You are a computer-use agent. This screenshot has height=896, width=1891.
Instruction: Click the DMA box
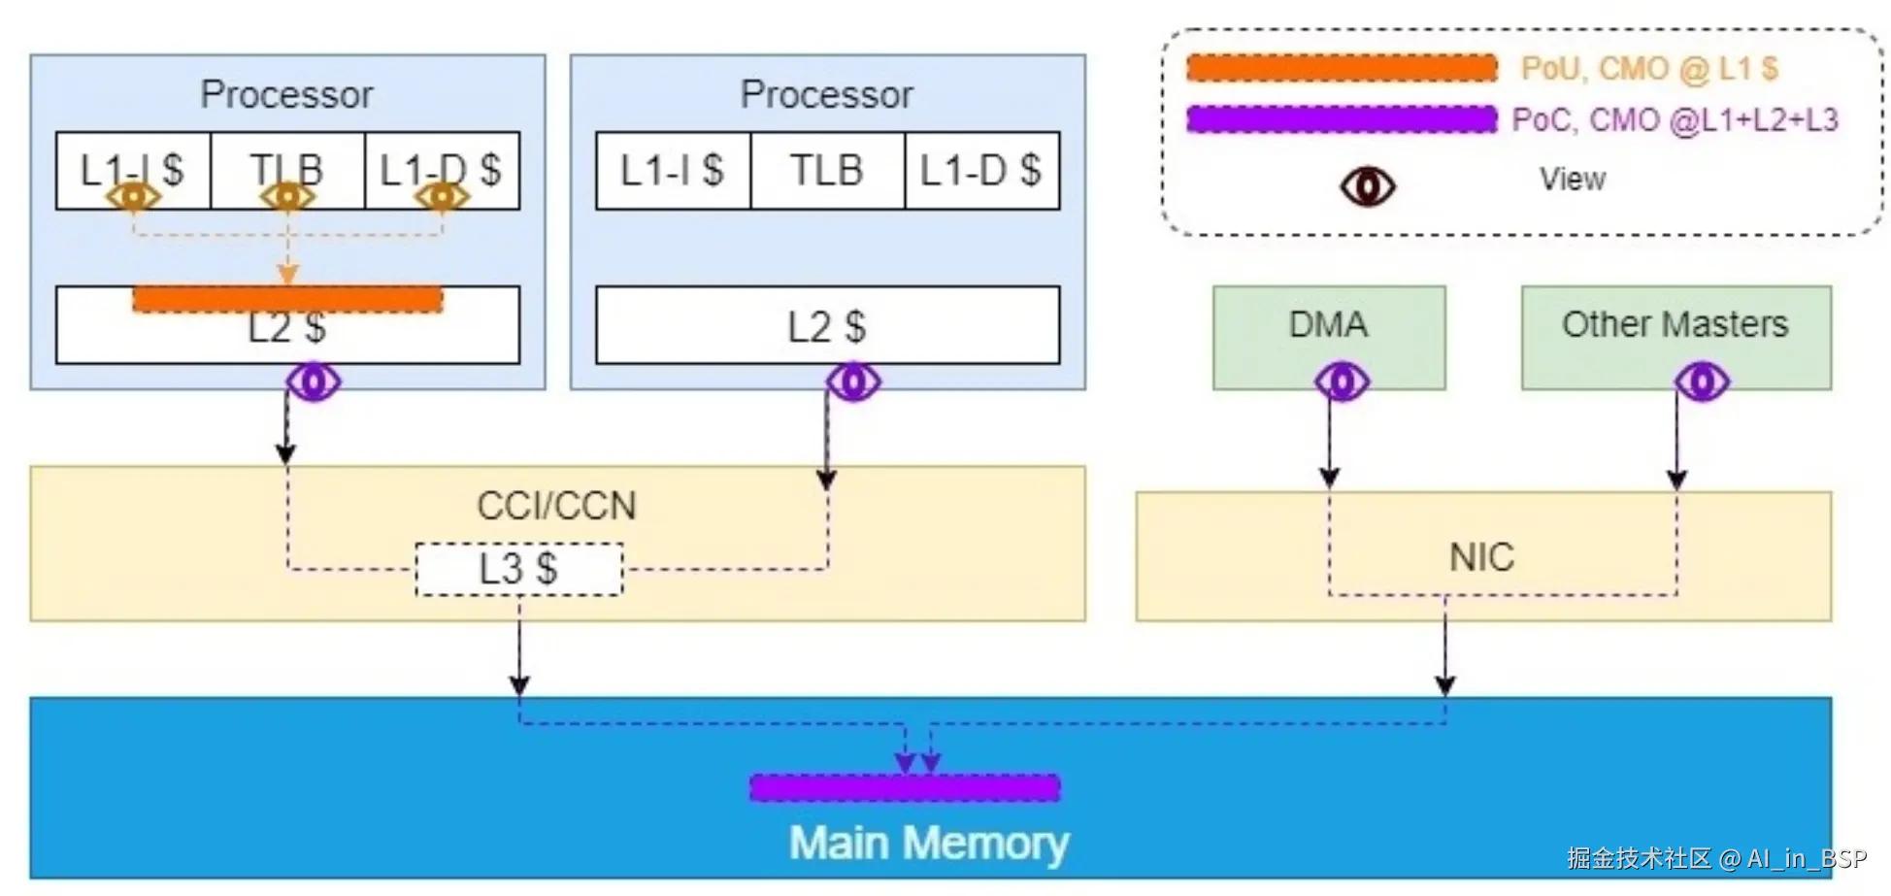[1328, 325]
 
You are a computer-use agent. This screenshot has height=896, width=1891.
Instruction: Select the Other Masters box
[1675, 325]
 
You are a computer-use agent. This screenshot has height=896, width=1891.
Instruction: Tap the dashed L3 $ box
[518, 569]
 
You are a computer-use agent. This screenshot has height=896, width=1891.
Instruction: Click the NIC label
[1481, 557]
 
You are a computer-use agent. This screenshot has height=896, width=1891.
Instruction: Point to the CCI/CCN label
[556, 506]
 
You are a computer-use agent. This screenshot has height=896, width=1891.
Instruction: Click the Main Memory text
[929, 843]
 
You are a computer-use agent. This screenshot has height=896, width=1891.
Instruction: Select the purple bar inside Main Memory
[905, 787]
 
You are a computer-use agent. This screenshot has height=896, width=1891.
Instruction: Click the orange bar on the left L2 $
[287, 299]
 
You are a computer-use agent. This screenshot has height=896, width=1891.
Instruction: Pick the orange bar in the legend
[1342, 68]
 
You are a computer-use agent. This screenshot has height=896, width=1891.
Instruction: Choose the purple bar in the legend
[1342, 119]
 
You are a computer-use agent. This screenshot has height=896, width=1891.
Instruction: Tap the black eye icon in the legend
[1368, 185]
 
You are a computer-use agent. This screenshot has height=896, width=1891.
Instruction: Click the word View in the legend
[1572, 180]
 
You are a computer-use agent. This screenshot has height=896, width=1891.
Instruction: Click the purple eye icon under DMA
[1342, 382]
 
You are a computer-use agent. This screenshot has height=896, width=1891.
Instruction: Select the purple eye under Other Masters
[1702, 382]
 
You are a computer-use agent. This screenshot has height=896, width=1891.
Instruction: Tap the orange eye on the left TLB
[287, 197]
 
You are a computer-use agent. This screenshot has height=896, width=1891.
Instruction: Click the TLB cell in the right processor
[827, 171]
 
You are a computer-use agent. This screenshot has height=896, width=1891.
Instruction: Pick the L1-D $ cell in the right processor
[981, 171]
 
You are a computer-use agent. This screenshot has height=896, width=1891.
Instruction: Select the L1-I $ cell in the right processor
[673, 171]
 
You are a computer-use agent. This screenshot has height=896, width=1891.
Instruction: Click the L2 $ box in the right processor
[827, 326]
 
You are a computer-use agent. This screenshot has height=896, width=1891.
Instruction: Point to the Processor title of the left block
[286, 95]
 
